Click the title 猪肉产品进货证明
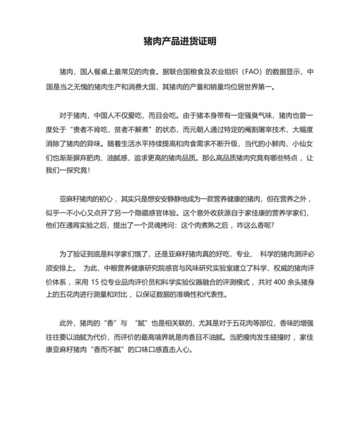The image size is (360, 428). pos(179,41)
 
